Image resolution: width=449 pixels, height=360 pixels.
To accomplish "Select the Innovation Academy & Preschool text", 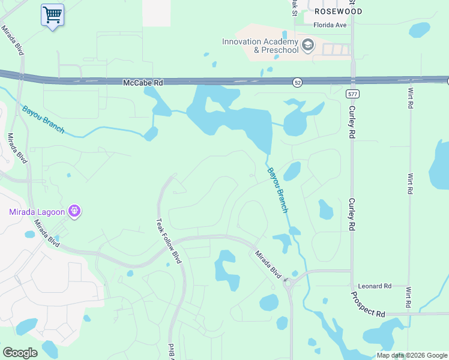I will click(x=260, y=46).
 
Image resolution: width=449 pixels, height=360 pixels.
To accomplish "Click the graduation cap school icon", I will click(x=308, y=45).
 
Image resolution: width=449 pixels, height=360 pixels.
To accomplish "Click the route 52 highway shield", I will click(x=298, y=82).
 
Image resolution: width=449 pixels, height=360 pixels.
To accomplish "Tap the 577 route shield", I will click(x=352, y=94).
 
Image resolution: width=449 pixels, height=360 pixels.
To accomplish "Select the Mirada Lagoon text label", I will click(x=38, y=211).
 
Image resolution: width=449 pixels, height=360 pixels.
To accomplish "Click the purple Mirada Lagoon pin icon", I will click(x=75, y=211).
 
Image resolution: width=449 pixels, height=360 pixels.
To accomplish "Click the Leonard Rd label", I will click(x=375, y=286).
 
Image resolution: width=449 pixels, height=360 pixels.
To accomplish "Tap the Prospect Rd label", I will click(x=367, y=305).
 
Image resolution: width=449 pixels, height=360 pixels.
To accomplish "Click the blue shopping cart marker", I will click(x=52, y=14).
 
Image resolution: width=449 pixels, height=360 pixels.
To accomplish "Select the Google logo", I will click(x=20, y=353).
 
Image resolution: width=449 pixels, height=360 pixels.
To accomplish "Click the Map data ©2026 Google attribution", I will click(x=412, y=355).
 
